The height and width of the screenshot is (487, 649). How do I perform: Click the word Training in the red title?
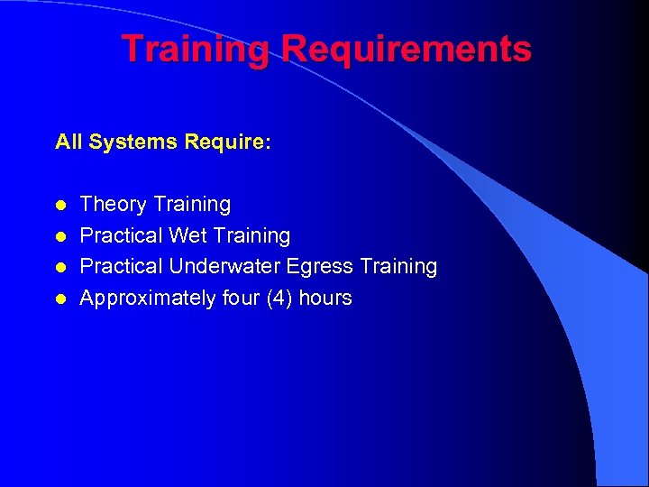196,50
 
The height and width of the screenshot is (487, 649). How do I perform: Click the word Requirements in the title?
406,50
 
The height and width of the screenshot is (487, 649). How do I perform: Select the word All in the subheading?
68,142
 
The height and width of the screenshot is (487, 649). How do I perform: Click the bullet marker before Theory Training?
60,205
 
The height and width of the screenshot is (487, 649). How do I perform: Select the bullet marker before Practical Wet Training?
60,236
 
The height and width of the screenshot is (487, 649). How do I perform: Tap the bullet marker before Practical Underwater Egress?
60,267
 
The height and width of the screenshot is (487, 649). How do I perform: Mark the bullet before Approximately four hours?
60,299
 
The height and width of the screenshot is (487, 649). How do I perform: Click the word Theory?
114,205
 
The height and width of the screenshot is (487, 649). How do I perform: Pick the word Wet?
187,235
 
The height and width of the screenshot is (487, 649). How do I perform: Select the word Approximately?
147,299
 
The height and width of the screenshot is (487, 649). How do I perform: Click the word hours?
326,298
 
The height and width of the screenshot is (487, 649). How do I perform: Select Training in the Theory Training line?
192,205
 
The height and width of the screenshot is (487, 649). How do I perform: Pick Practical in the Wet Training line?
122,235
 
